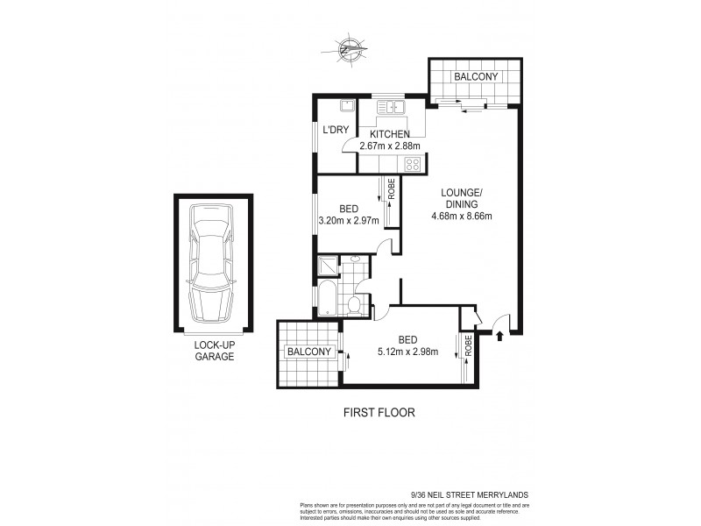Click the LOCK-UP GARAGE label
click(x=215, y=352)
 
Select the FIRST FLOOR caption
click(x=378, y=411)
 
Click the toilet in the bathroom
click(x=355, y=303)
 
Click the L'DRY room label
click(x=336, y=131)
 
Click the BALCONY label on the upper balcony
click(x=475, y=77)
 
